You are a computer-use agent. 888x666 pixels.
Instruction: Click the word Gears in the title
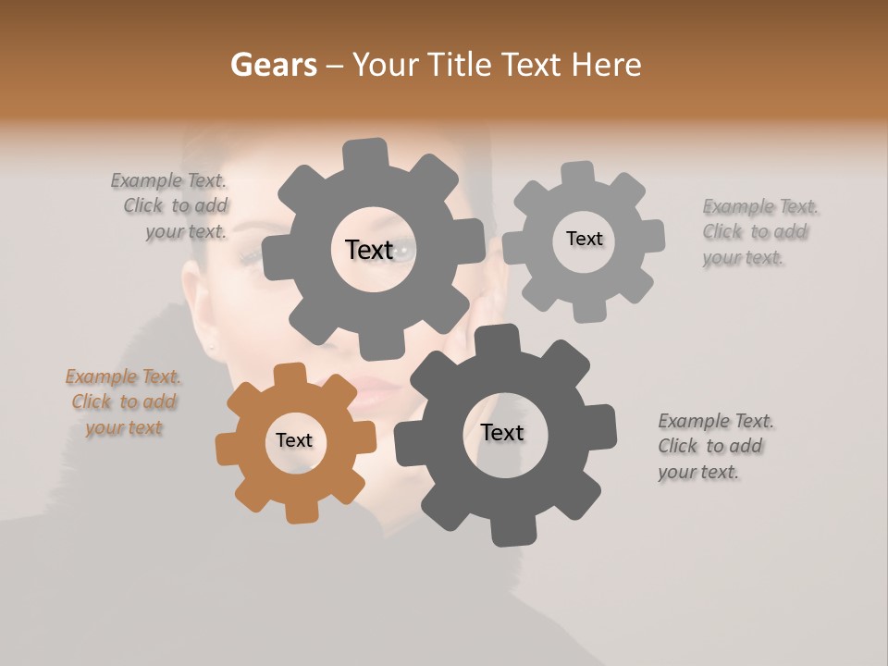273,65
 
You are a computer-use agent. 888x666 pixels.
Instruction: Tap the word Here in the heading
606,65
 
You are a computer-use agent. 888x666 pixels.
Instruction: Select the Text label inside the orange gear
294,440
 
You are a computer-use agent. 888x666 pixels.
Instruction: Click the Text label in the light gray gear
584,239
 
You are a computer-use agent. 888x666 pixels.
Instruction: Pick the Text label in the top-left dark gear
369,250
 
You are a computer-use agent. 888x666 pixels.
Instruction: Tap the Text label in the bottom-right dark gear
502,432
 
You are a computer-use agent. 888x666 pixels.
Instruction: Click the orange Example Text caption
123,402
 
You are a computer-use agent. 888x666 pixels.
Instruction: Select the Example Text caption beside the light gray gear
759,231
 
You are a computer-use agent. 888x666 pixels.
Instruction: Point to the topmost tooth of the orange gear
290,375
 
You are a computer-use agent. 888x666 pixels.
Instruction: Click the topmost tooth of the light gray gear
578,173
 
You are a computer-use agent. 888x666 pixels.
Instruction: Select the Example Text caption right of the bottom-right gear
714,446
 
